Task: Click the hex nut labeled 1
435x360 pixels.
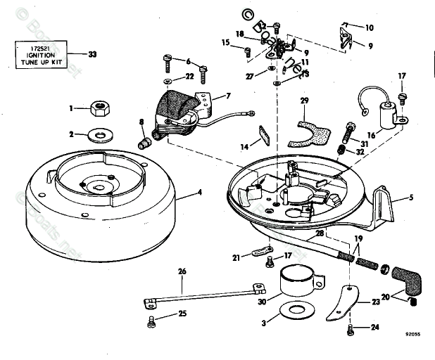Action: point(99,108)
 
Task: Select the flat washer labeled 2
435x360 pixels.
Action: point(102,133)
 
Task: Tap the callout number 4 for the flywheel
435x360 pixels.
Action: point(198,191)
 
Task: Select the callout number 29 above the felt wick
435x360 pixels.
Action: point(304,101)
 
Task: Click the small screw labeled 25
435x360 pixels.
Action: point(149,323)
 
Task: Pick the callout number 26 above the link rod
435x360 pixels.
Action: point(182,271)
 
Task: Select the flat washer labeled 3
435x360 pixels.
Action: point(289,310)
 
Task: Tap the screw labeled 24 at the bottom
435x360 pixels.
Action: point(351,328)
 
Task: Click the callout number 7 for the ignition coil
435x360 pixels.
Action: point(227,96)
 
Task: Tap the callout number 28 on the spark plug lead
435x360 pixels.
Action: point(320,233)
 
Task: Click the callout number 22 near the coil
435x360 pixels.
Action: point(189,76)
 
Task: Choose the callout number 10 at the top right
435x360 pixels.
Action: point(370,28)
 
